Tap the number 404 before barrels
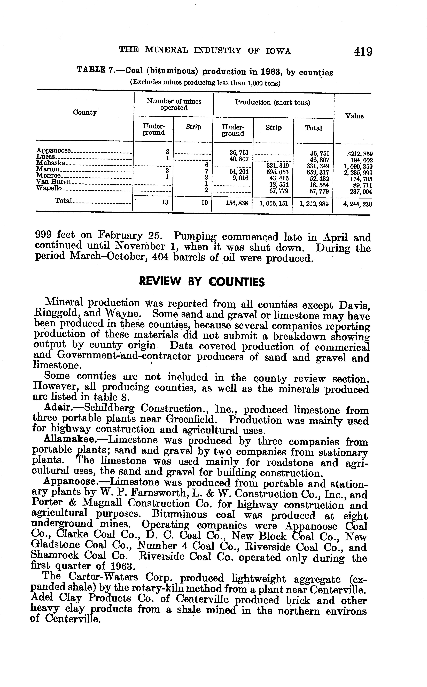tap(160, 258)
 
